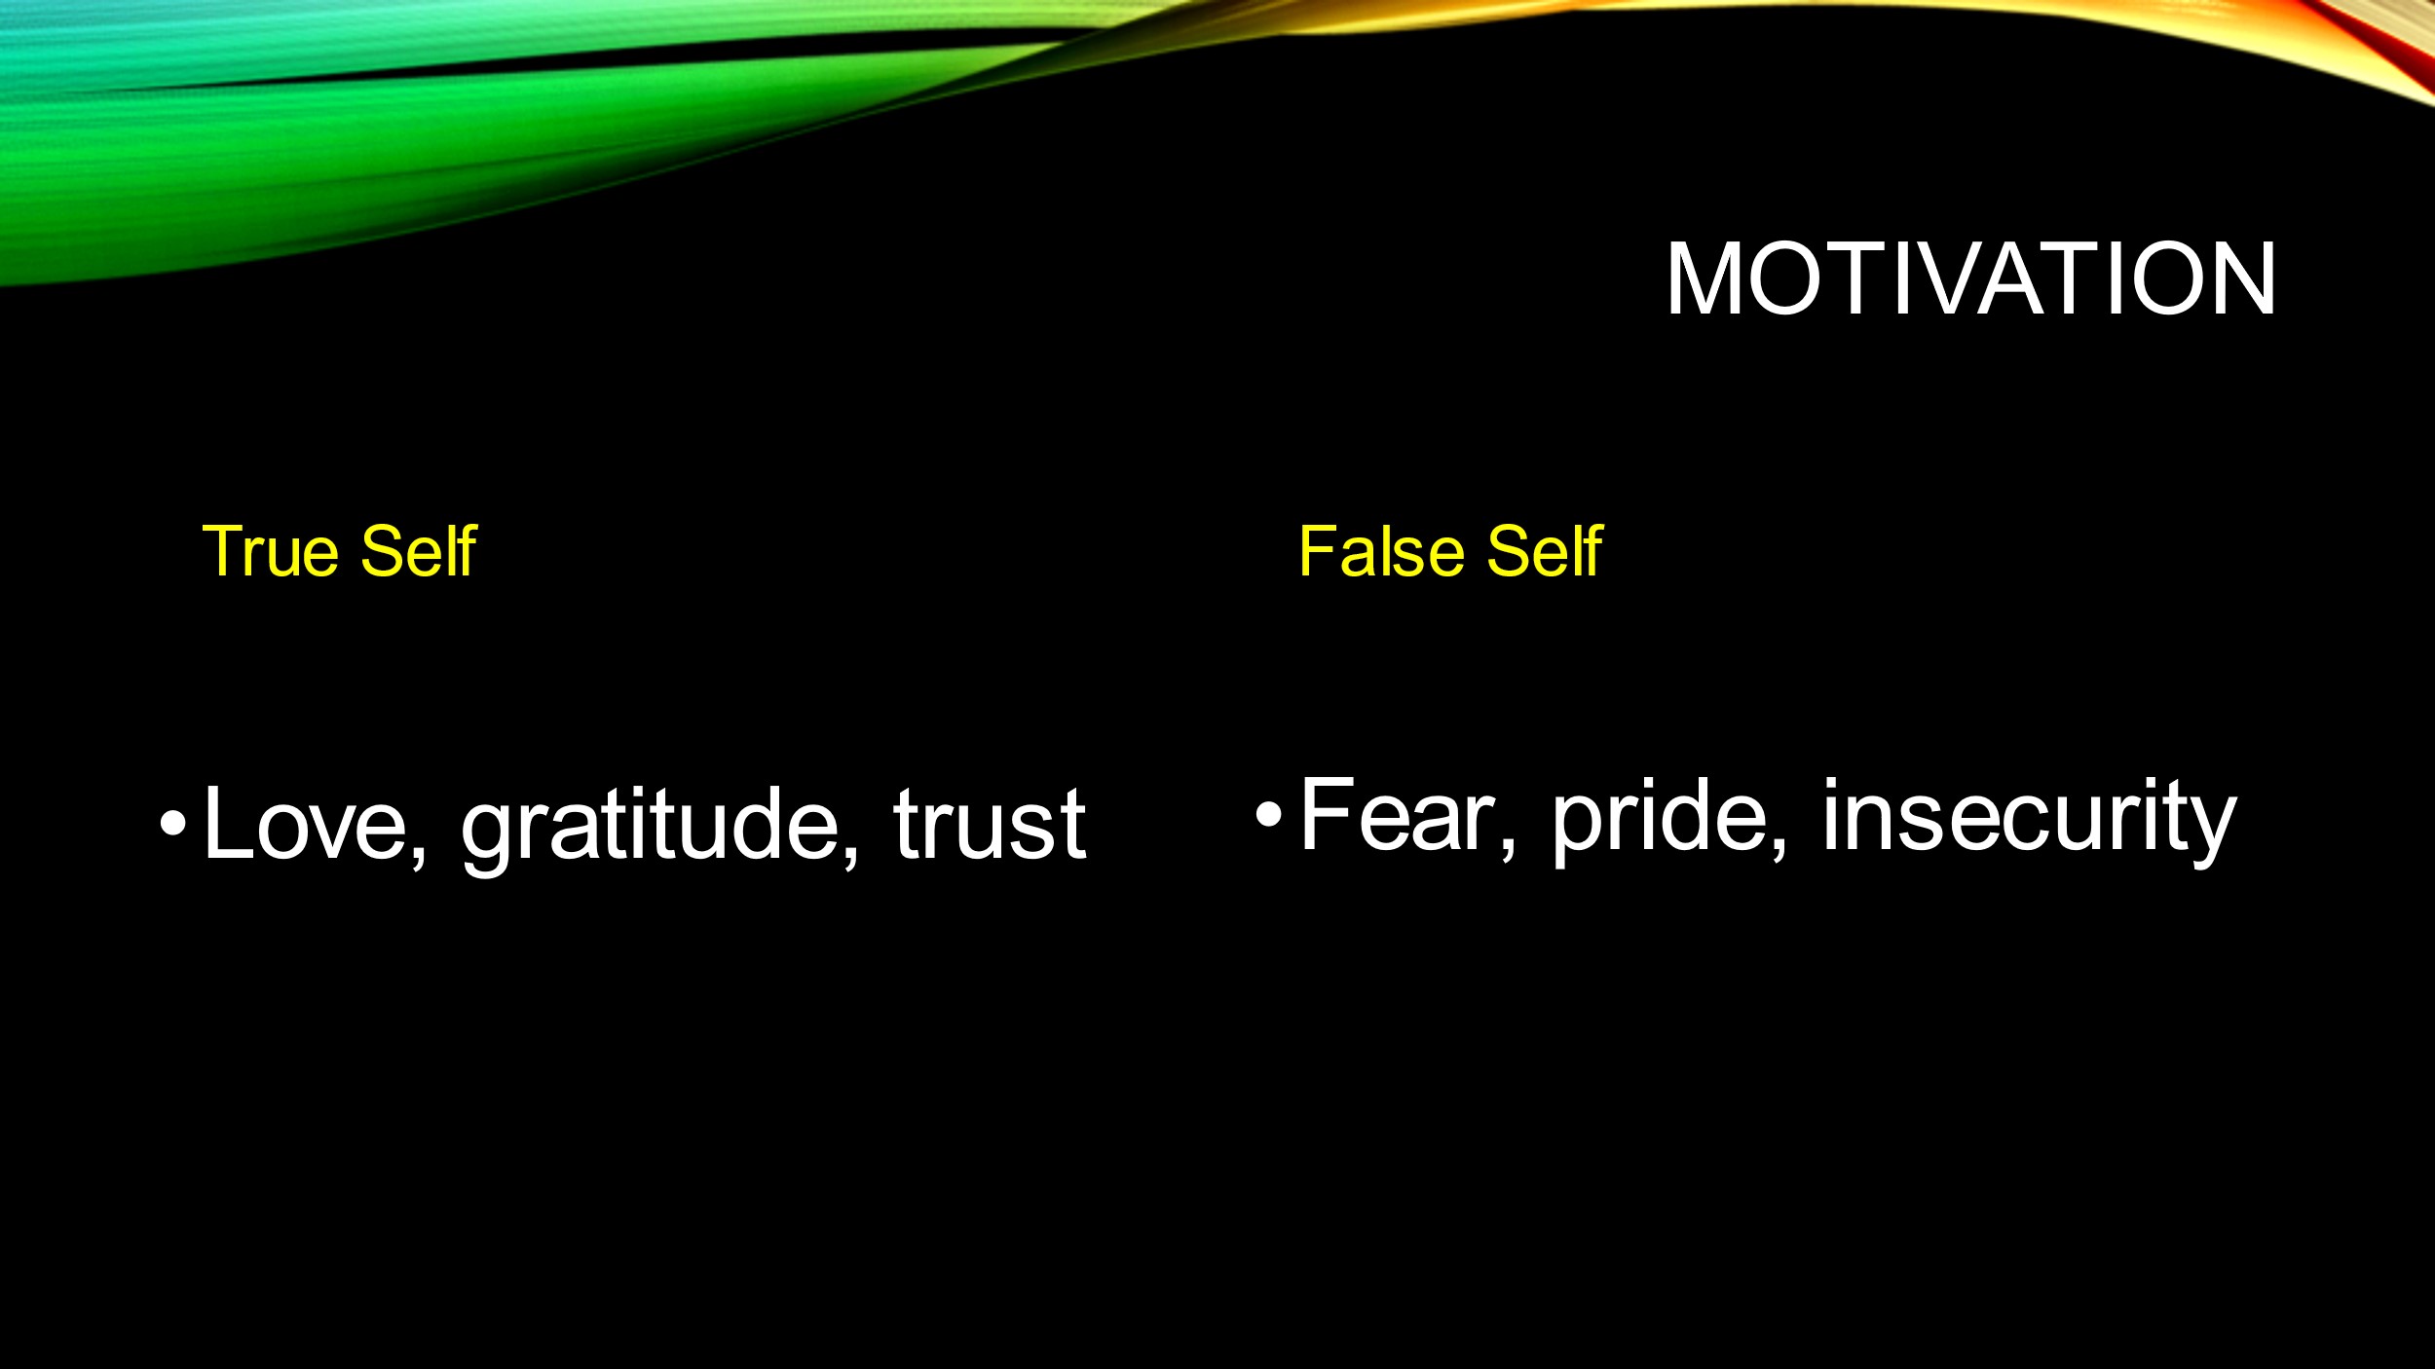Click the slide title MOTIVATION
coord(1970,279)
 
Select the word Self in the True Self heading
coord(419,550)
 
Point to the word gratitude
coord(649,828)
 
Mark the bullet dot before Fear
coord(1268,813)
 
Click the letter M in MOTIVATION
coord(1704,279)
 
